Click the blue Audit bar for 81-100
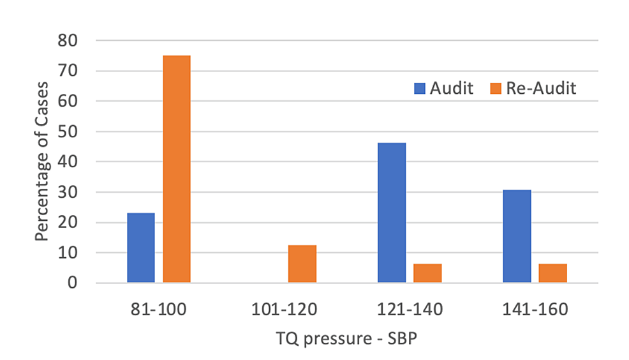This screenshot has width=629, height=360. coord(141,248)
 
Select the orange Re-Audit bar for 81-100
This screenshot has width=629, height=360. coord(177,169)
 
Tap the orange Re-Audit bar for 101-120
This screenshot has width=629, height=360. coord(302,264)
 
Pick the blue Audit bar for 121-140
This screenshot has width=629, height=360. coord(392,213)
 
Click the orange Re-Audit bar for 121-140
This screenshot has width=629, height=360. coord(427,273)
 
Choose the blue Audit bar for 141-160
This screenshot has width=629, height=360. coord(517,236)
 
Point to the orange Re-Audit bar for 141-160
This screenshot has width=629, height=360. coord(552,273)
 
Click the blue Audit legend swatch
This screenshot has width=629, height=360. coord(420,89)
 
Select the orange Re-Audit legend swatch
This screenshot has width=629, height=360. coord(497,89)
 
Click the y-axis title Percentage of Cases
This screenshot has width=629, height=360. coord(42,161)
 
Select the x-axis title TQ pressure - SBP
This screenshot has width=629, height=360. coord(347,338)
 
